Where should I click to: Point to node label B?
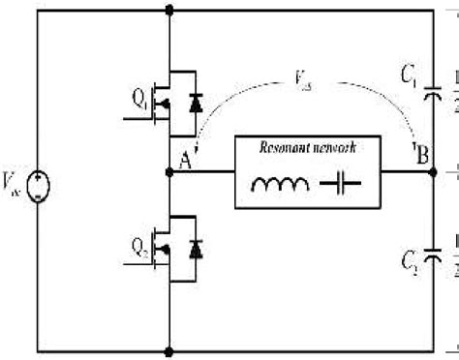pyautogui.click(x=422, y=152)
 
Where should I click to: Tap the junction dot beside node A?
pyautogui.click(x=171, y=175)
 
